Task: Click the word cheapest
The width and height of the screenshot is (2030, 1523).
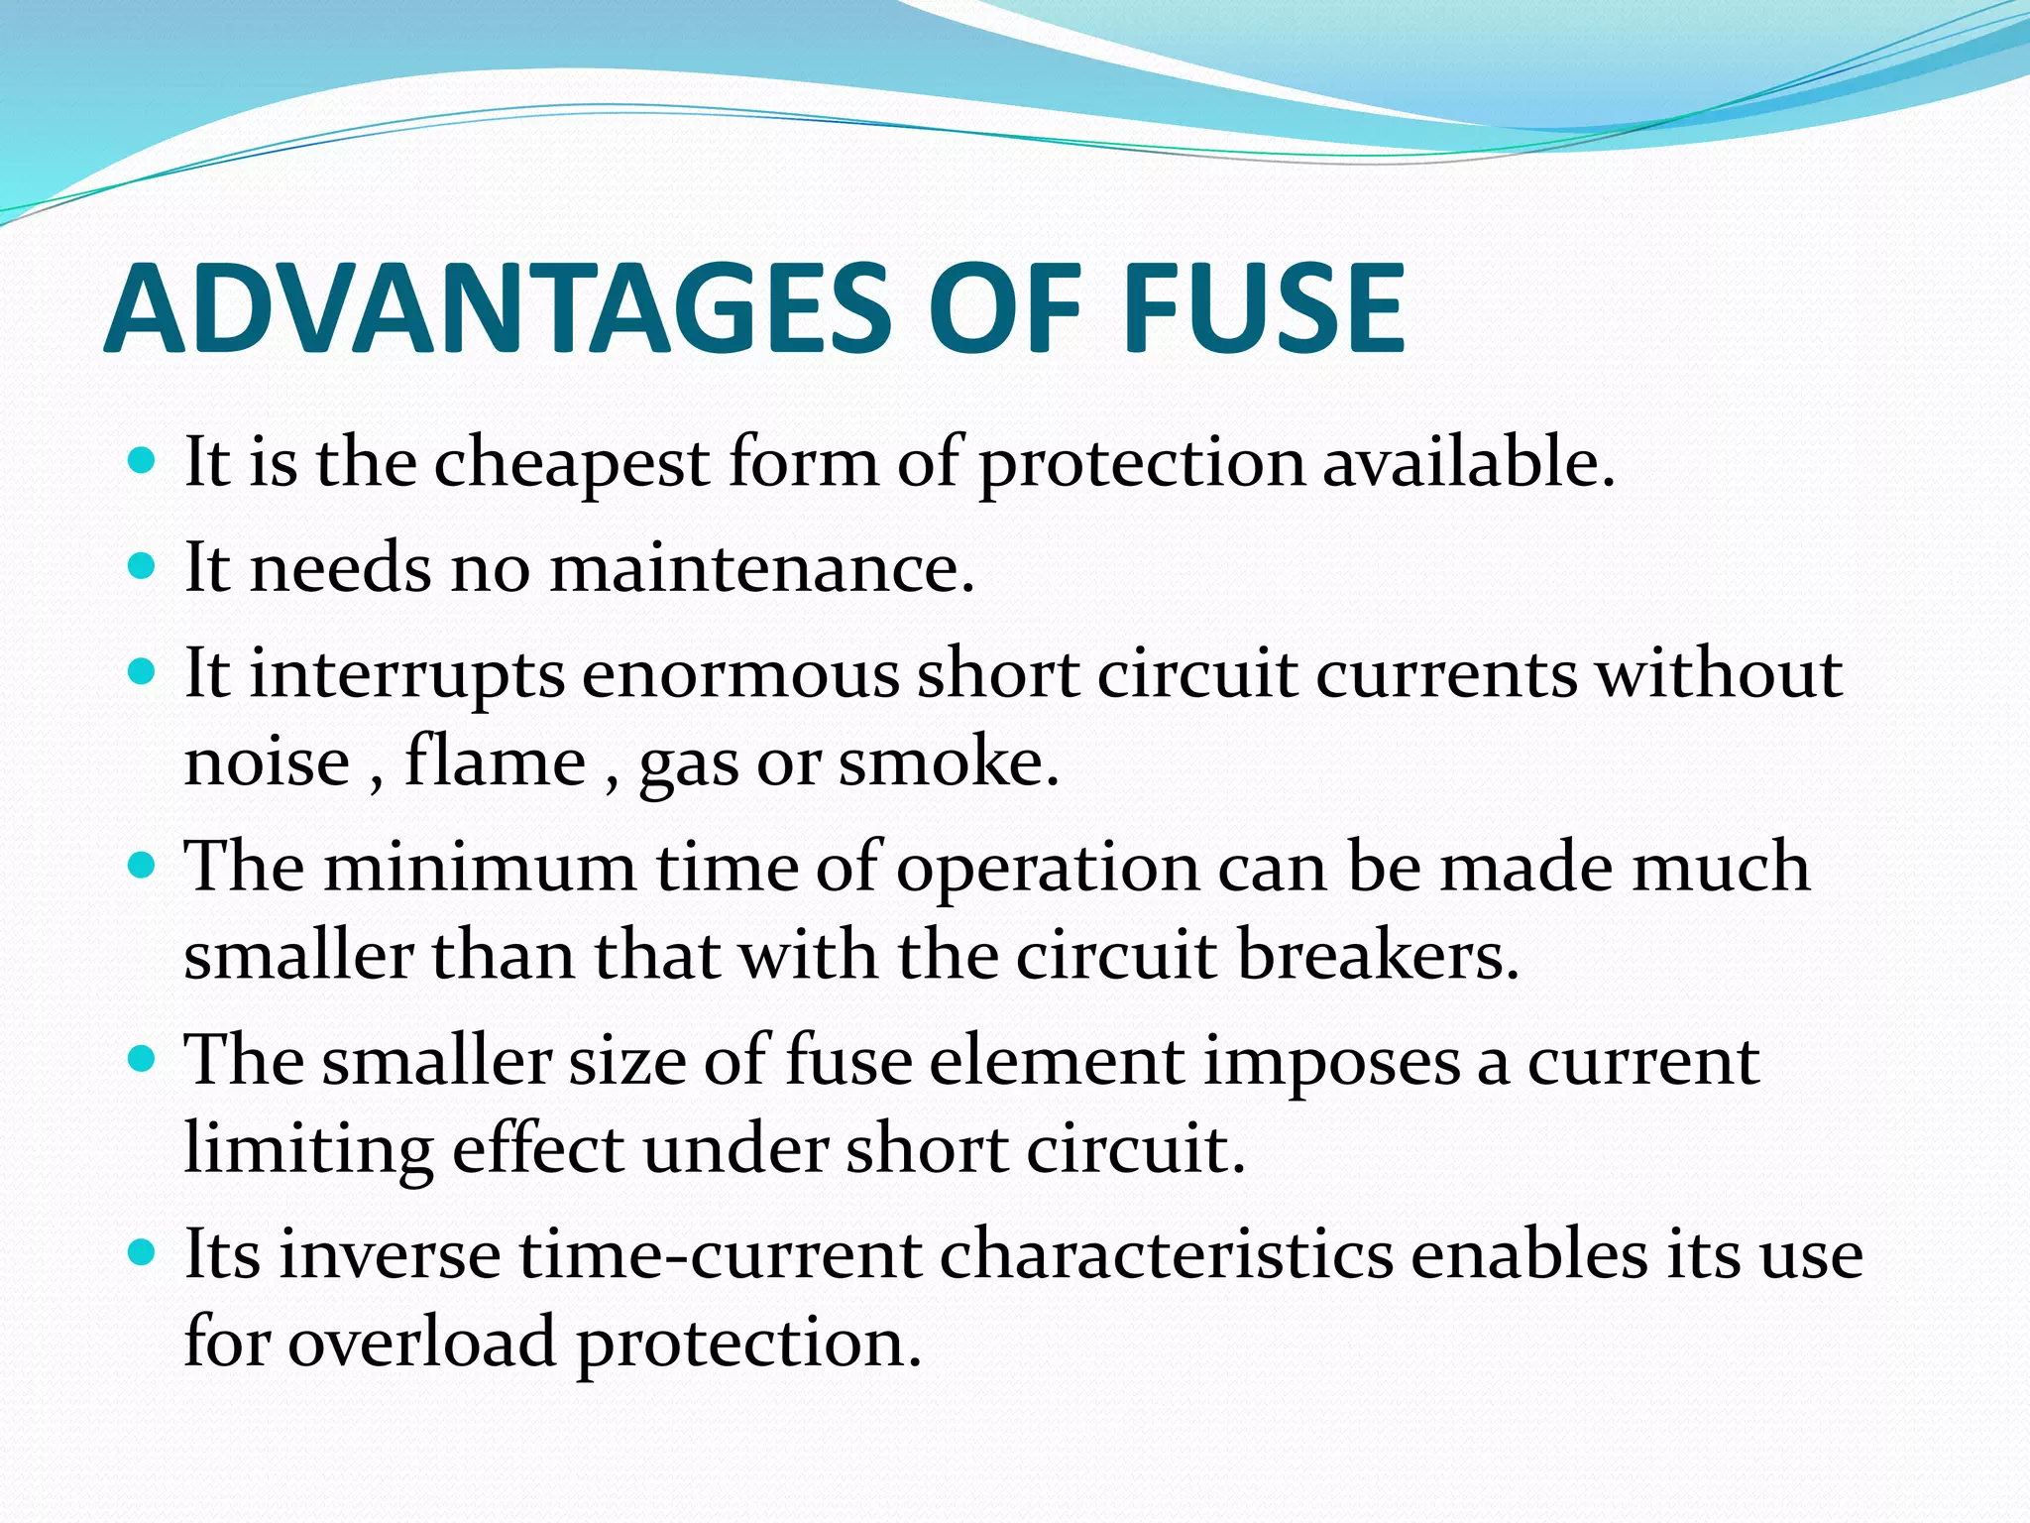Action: (x=572, y=463)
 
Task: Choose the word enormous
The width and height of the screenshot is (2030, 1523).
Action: (x=740, y=675)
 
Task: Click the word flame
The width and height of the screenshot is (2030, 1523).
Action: (x=495, y=762)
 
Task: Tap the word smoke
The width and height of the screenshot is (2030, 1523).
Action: (x=949, y=762)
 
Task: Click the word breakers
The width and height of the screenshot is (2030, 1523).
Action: (x=1377, y=956)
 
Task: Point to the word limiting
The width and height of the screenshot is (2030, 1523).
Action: (x=308, y=1149)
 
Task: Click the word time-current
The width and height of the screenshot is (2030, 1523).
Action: (x=722, y=1255)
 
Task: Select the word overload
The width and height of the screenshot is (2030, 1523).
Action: (x=422, y=1343)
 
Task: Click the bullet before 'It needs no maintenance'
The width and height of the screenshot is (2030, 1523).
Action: (x=143, y=567)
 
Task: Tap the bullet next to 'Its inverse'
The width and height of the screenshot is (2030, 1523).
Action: (x=143, y=1253)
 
